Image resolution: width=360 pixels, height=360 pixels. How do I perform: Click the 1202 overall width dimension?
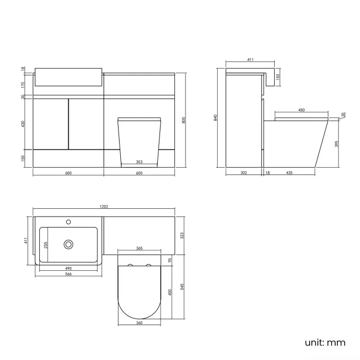tap(104, 207)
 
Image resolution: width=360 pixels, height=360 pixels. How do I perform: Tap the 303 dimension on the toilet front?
tap(140, 162)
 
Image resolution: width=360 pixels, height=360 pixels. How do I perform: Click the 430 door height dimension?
tap(23, 124)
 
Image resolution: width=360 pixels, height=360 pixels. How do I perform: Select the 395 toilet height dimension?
tap(337, 143)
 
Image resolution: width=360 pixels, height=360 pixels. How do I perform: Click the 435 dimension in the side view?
tap(289, 173)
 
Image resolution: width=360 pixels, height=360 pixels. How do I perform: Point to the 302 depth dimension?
tap(243, 173)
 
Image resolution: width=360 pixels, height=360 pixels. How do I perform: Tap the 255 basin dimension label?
tap(46, 244)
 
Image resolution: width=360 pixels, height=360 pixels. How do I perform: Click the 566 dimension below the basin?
tap(68, 274)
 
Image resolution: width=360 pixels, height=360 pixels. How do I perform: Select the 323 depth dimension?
tap(182, 235)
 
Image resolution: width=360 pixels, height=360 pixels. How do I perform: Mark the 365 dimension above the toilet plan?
tap(140, 249)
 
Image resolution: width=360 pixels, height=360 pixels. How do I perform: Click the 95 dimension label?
tap(171, 259)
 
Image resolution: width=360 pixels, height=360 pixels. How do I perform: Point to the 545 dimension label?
tap(182, 286)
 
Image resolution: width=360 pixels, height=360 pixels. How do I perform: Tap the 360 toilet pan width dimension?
tap(140, 322)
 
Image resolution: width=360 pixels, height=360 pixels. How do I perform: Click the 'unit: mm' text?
tap(325, 342)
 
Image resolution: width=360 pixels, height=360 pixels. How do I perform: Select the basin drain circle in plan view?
tap(69, 244)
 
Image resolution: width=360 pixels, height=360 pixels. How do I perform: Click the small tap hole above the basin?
tap(69, 223)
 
